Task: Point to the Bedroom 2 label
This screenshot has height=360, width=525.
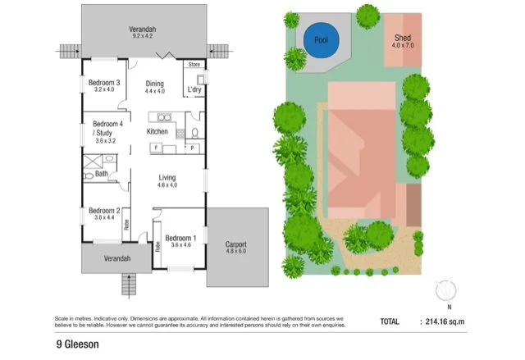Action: pyautogui.click(x=105, y=210)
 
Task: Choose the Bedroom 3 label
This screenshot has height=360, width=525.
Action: pyautogui.click(x=105, y=83)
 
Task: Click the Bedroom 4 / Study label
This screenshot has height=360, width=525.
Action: pyautogui.click(x=105, y=127)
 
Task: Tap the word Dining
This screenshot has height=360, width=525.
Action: pyautogui.click(x=155, y=84)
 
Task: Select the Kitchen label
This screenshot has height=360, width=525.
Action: pyautogui.click(x=157, y=131)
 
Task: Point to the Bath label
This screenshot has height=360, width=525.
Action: pyautogui.click(x=101, y=174)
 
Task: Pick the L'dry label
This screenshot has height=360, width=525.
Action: pyautogui.click(x=194, y=89)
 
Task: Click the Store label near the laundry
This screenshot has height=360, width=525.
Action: pyautogui.click(x=194, y=63)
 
